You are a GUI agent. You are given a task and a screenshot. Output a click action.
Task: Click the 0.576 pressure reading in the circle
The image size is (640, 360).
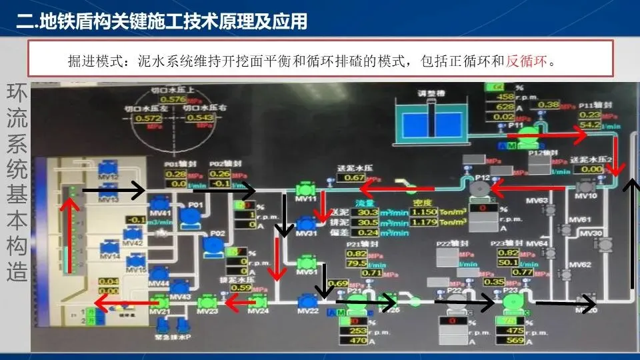pos(173,99)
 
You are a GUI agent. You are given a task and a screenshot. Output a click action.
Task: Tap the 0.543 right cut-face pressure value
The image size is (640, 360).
pos(200,118)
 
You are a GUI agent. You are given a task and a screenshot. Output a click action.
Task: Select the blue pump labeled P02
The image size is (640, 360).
pos(213,245)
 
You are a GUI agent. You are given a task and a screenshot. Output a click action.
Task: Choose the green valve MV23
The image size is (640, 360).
pos(208,302)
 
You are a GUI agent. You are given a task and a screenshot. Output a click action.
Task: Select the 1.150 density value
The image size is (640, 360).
pos(424,211)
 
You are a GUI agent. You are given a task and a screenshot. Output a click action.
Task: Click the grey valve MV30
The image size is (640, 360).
pos(605,245)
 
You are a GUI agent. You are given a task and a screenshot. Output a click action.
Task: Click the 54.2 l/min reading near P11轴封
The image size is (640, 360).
pos(590,125)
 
